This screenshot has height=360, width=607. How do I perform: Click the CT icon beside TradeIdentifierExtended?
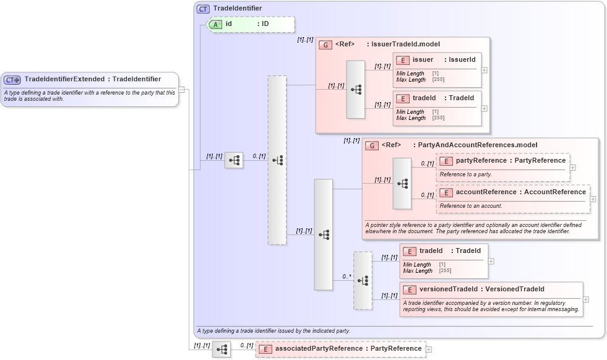(12, 80)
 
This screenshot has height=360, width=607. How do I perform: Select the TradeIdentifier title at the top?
(237, 9)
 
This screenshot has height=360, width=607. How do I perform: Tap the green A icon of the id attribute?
(216, 24)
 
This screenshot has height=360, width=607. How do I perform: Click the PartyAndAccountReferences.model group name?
(478, 145)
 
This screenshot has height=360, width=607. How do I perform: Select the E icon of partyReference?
(446, 161)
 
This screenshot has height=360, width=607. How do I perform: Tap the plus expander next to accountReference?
(593, 199)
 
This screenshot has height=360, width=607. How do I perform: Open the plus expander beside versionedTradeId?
(586, 299)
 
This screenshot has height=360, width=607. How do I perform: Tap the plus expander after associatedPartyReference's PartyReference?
(429, 349)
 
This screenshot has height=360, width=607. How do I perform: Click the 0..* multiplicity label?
(347, 276)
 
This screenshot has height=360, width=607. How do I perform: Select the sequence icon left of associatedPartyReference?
(221, 349)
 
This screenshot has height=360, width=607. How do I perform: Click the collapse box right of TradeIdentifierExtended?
(181, 89)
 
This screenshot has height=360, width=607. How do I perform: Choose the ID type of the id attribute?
(265, 24)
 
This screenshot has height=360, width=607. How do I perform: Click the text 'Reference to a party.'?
(466, 174)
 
